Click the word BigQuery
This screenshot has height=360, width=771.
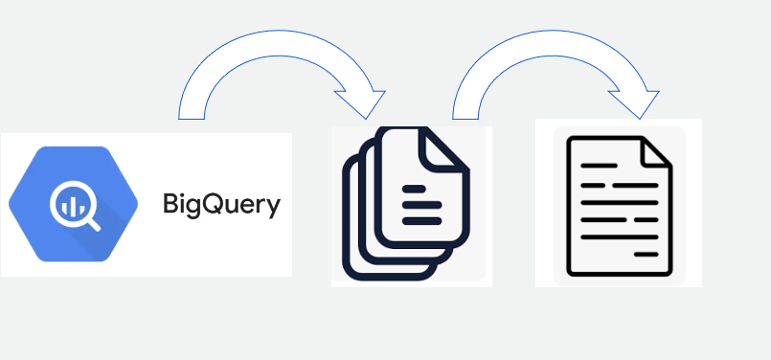point(221,205)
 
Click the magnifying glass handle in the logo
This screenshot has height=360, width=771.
point(93,226)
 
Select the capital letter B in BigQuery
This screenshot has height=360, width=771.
point(171,204)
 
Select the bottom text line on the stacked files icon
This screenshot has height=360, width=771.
point(421,220)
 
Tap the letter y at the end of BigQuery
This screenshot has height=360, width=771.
point(274,208)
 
